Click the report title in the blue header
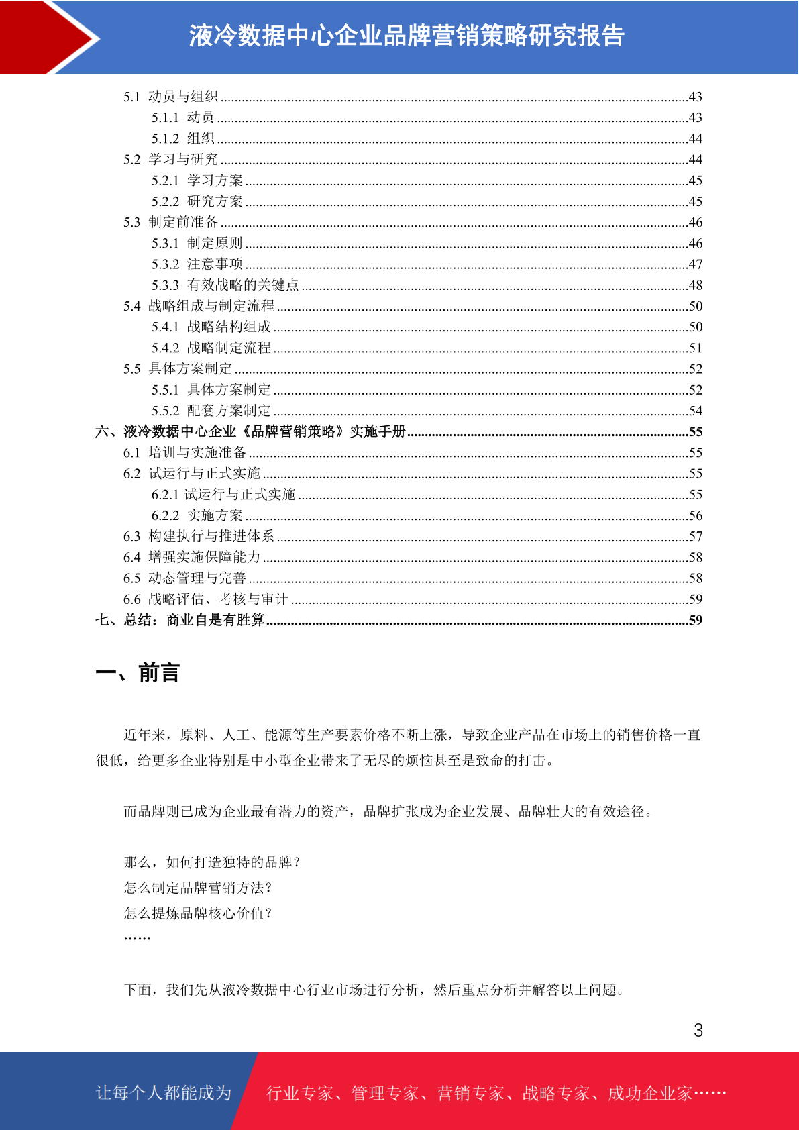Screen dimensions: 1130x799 coord(407,36)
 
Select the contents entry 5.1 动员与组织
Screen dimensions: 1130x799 coord(171,97)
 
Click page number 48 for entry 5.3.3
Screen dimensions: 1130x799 coord(696,285)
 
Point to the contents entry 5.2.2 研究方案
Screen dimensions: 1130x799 coord(197,201)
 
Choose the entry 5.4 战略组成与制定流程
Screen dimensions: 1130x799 coord(199,306)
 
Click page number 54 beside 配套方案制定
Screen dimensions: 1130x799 coord(696,411)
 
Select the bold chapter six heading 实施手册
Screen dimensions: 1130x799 coord(251,431)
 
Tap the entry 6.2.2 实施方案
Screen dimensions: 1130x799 coord(197,515)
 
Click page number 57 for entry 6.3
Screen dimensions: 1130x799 coord(696,536)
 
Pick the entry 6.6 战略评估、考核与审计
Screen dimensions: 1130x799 coord(206,599)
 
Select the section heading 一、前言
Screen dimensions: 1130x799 coord(138,672)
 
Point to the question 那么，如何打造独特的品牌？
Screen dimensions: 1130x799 coord(212,862)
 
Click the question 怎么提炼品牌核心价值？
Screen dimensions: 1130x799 coord(198,913)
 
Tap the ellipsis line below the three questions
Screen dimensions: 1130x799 coord(138,937)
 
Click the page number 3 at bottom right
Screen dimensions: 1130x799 coord(698,1031)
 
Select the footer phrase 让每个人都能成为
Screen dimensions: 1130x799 coord(164,1093)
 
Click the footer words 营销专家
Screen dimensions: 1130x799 coord(470,1094)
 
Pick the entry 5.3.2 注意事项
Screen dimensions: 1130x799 coord(197,264)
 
